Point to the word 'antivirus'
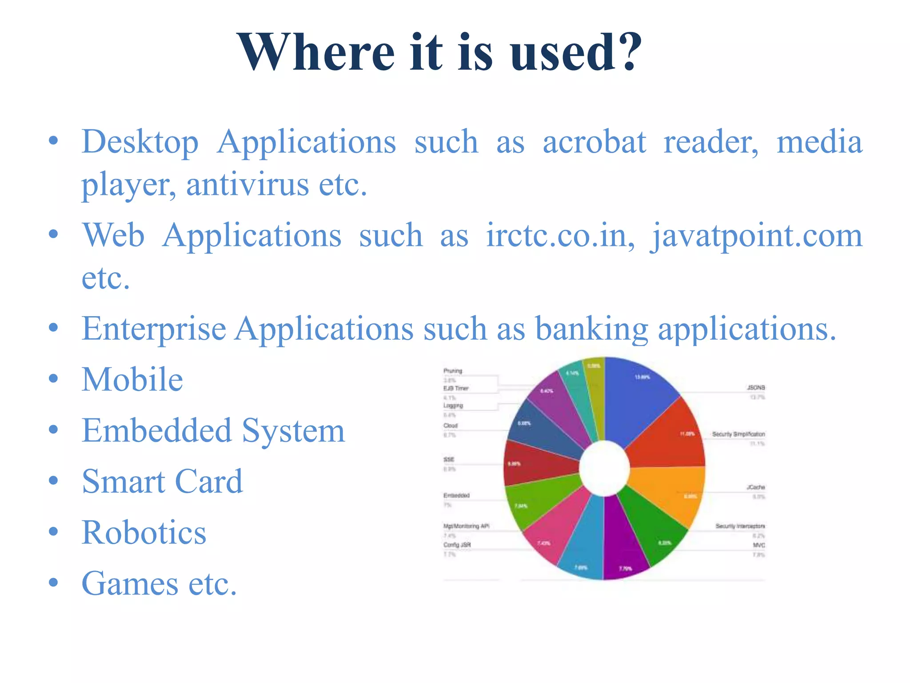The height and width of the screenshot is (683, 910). pos(247,184)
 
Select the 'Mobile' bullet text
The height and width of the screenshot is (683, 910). pos(132,380)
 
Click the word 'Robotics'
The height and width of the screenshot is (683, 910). pos(144,533)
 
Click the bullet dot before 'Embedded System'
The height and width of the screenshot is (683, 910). pos(53,430)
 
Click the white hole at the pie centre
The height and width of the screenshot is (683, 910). pos(604,468)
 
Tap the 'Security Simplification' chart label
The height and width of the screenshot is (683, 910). pos(738,434)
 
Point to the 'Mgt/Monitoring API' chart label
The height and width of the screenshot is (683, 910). pos(466,526)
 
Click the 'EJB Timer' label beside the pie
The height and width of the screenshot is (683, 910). pos(456,388)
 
